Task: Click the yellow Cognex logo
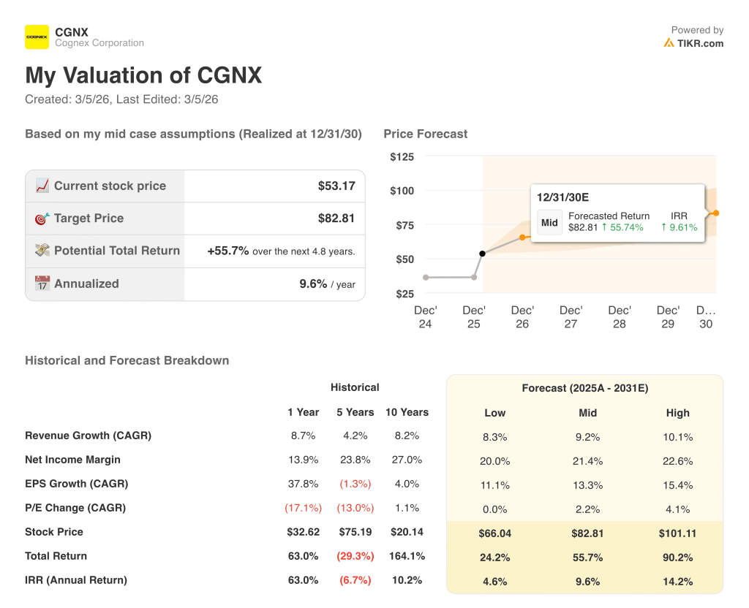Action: click(x=37, y=37)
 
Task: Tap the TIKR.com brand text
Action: click(x=699, y=43)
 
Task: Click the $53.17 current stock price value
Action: click(x=336, y=186)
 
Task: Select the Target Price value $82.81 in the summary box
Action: click(x=336, y=218)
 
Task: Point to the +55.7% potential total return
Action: click(x=227, y=251)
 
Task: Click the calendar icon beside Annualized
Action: click(x=42, y=284)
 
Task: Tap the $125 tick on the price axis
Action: click(x=402, y=156)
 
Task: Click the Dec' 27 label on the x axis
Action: click(x=571, y=317)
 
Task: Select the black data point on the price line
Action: click(x=481, y=254)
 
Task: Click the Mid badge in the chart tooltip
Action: click(x=549, y=222)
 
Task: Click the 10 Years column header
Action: click(x=407, y=412)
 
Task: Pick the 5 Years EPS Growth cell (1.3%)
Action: click(x=355, y=484)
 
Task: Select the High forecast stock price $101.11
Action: click(x=677, y=533)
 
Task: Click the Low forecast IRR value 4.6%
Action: click(x=494, y=582)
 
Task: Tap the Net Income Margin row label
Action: click(x=72, y=460)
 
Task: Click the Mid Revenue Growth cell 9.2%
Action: click(x=587, y=437)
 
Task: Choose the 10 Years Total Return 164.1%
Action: click(x=407, y=556)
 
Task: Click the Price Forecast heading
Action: click(x=425, y=134)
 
